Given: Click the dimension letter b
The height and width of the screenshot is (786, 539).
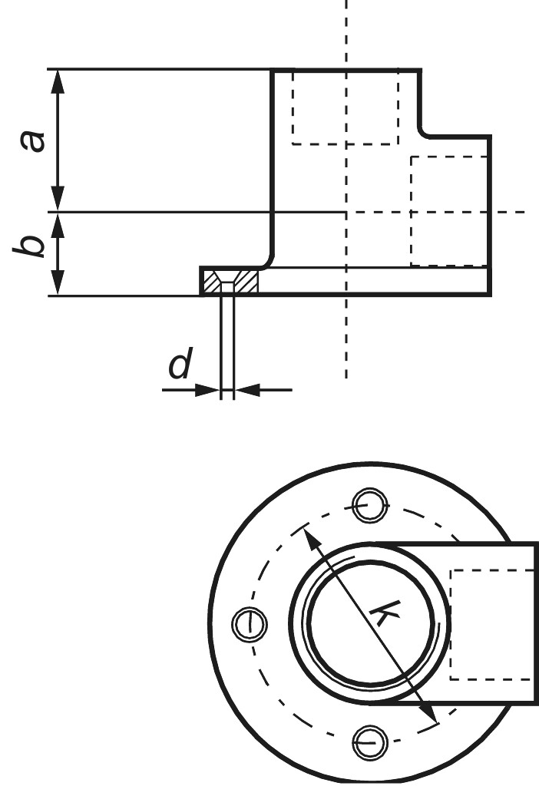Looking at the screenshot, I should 31,247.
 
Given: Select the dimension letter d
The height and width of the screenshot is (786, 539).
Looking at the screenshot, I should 179,366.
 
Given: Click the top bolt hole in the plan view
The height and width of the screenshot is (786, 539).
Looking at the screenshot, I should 366,504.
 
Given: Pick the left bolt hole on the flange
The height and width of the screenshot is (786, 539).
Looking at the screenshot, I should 248,622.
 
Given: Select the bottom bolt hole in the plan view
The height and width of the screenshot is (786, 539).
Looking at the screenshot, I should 366,740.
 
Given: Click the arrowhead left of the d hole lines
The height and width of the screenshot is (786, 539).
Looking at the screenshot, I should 208,390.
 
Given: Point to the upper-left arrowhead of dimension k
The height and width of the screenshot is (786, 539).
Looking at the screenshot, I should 312,538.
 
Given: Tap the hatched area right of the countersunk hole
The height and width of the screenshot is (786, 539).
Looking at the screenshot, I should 246,282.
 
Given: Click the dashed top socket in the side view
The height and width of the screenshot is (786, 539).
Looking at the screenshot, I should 345,107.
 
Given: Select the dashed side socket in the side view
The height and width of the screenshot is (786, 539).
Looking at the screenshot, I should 450,210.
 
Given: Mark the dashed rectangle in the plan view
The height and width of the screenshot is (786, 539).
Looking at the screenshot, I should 491,624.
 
